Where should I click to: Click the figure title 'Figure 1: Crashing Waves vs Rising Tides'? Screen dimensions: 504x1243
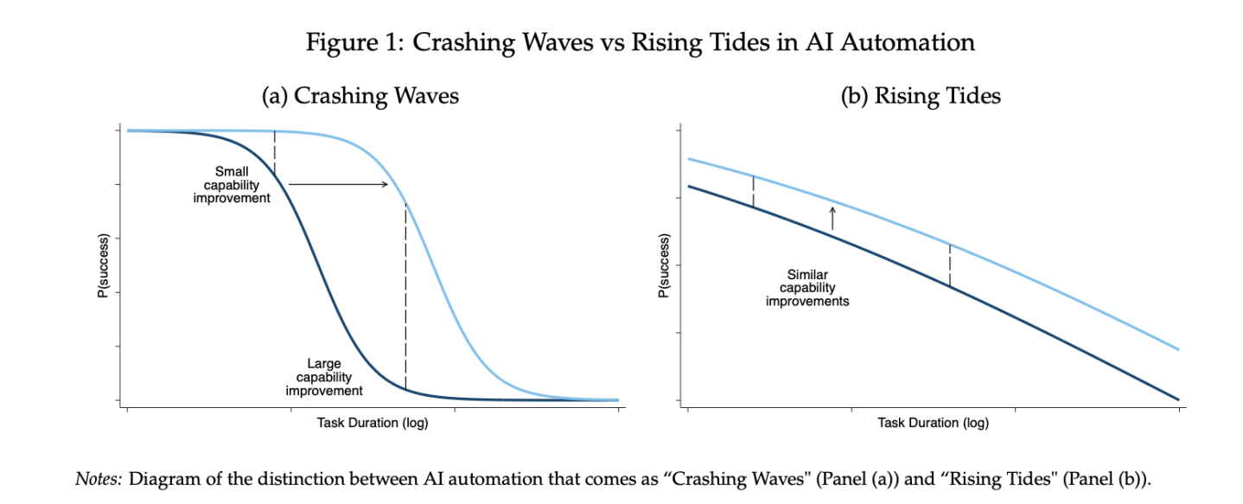[x=640, y=42]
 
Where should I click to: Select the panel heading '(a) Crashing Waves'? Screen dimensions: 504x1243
[x=360, y=96]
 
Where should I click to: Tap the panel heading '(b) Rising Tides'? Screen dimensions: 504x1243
[x=921, y=96]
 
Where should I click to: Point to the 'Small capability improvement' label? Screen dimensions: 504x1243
[x=237, y=185]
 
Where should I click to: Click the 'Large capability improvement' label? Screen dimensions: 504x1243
[x=324, y=378]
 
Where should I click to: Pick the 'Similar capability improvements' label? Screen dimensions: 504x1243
[x=807, y=288]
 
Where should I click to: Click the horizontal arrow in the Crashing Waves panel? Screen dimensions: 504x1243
[x=338, y=184]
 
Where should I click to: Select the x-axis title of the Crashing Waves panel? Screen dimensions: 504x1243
[x=373, y=423]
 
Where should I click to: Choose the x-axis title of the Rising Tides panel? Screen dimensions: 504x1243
[x=933, y=423]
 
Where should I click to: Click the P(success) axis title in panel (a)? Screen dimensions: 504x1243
[x=102, y=265]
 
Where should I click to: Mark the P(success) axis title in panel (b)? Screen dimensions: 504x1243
[x=663, y=265]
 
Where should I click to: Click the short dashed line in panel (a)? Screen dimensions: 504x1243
[x=274, y=151]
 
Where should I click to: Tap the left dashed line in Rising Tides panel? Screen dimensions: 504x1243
[x=753, y=192]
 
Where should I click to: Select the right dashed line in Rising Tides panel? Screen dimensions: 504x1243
[x=950, y=265]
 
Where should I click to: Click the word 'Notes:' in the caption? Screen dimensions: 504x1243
[x=99, y=479]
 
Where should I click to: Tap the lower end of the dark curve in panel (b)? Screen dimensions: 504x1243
[x=1177, y=399]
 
